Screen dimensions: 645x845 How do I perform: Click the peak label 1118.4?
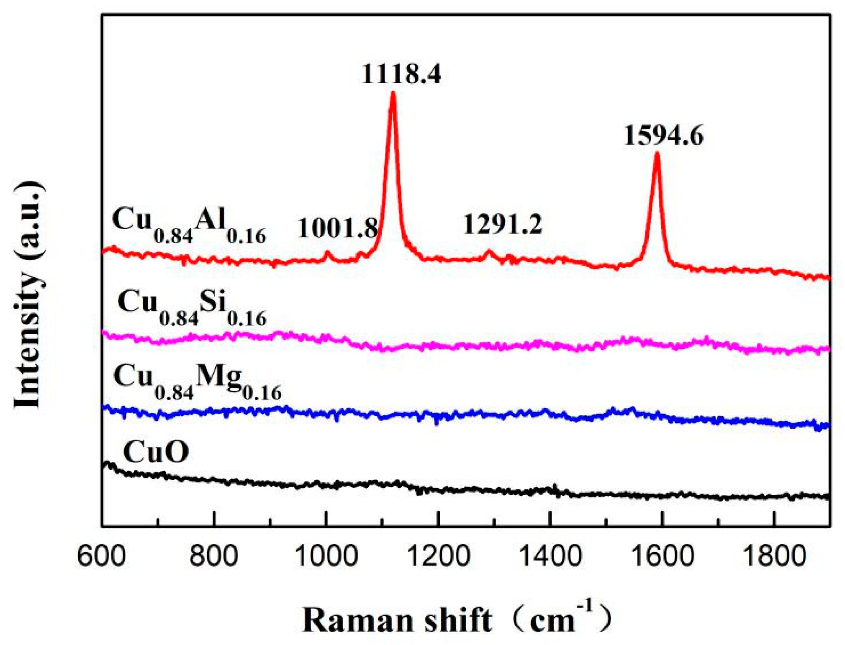point(401,74)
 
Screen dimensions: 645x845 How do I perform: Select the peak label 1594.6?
point(663,136)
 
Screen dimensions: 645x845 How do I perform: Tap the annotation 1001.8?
point(337,228)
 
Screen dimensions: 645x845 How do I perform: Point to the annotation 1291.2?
point(502,224)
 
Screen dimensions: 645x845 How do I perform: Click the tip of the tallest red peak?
point(393,93)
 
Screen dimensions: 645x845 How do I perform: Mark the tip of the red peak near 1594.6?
point(657,154)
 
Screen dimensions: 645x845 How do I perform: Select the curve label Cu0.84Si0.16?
point(192,306)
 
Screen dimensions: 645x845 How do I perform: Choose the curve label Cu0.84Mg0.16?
point(197,381)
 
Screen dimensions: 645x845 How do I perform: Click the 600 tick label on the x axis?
point(101,557)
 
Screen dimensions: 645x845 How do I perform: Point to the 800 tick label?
point(213,557)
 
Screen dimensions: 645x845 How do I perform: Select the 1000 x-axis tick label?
point(326,557)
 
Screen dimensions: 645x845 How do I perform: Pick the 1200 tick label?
point(438,557)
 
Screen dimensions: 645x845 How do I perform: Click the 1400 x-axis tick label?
point(550,557)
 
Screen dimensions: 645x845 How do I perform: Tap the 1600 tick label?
point(663,557)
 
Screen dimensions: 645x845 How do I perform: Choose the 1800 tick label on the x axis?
point(775,557)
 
